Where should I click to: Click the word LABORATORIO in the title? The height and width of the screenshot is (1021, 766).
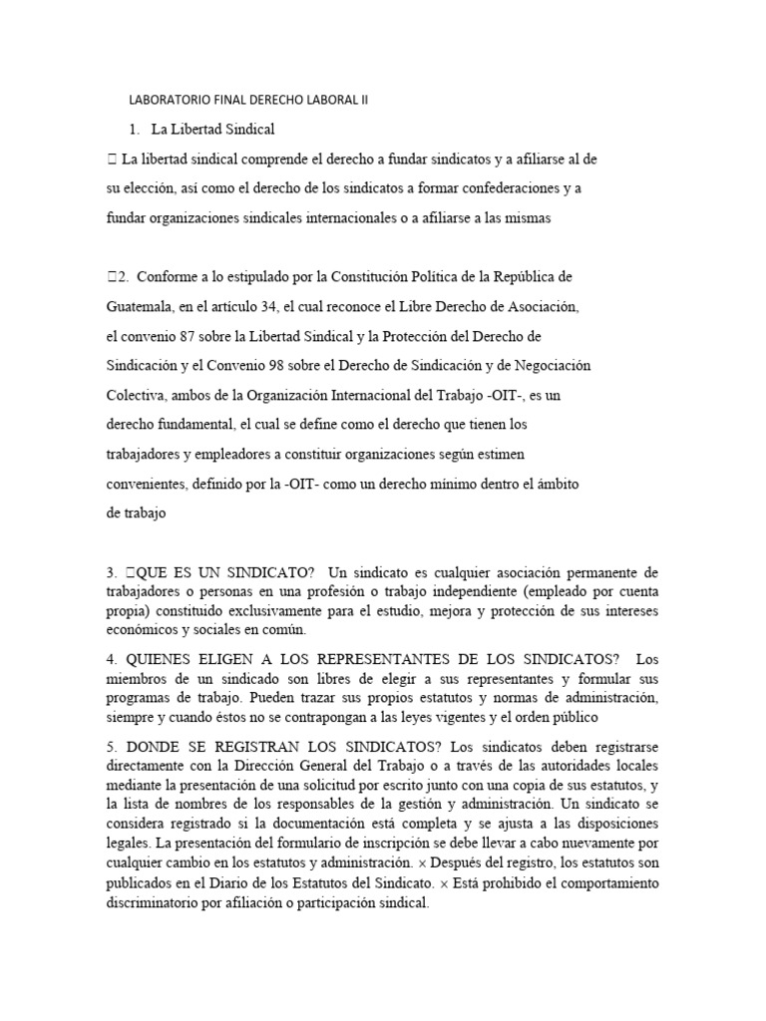[x=167, y=101]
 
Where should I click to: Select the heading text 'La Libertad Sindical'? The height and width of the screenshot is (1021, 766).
[x=212, y=130]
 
